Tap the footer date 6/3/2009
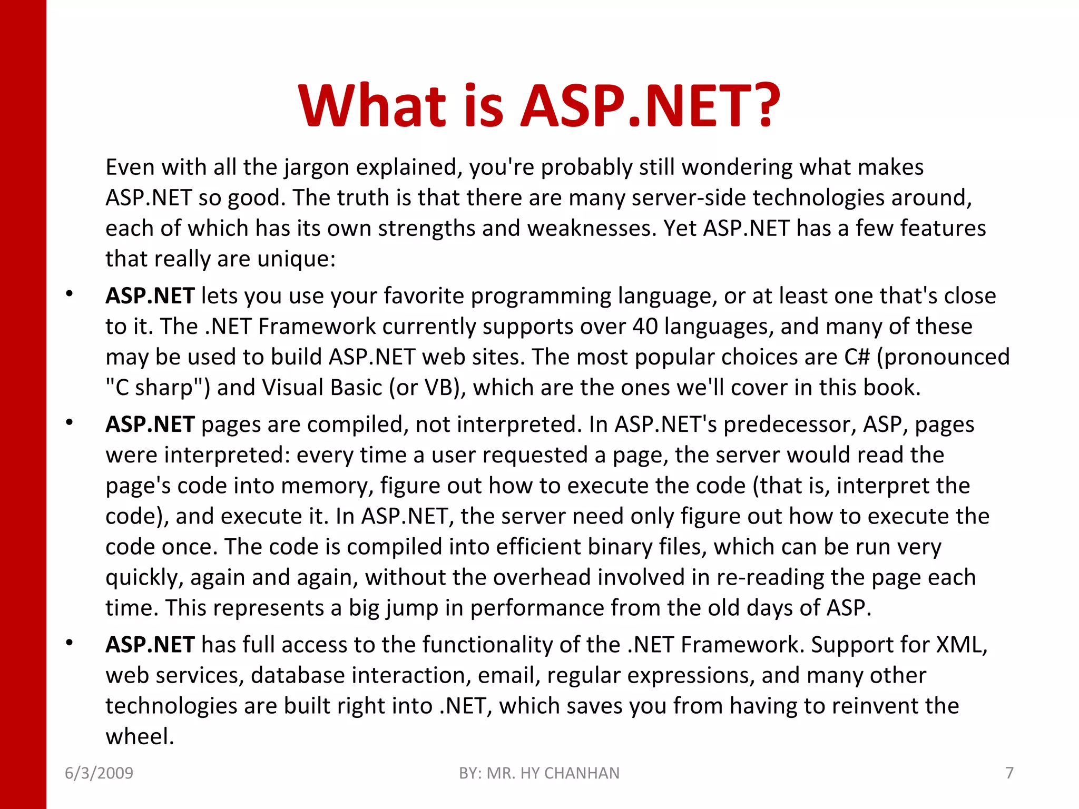pos(99,773)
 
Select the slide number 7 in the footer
pos(1009,773)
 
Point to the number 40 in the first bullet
pos(645,327)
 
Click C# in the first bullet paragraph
pos(857,357)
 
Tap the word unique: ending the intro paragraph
pos(296,259)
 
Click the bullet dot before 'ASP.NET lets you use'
pos(69,294)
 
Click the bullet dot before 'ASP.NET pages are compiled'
pos(69,422)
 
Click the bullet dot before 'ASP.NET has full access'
pos(69,643)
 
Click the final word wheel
pos(139,736)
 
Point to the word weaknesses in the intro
pos(591,229)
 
